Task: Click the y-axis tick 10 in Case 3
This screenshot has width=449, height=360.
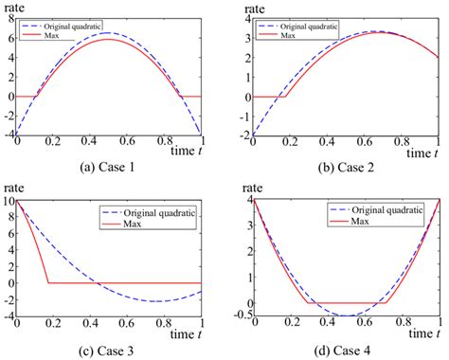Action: pos(8,201)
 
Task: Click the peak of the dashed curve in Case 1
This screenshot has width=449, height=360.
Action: pos(109,33)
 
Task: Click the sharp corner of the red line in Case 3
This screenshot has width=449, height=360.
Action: pos(48,282)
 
